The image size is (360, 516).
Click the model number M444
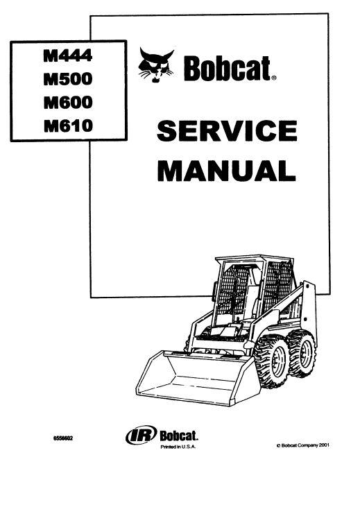point(68,55)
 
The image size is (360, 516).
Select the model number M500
point(68,78)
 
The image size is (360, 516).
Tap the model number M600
point(68,102)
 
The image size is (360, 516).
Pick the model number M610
point(68,126)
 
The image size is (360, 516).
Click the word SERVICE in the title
point(227,130)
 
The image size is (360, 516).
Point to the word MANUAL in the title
point(226,171)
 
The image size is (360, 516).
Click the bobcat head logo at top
point(156,64)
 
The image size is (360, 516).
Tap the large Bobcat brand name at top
point(227,69)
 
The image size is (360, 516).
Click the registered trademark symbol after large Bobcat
point(274,78)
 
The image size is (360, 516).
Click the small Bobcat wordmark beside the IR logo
point(179,436)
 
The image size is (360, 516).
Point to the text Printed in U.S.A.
point(178,447)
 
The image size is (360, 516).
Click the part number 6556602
point(62,438)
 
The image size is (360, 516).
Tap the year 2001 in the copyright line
point(324,445)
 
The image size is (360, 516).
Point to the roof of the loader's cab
point(254,259)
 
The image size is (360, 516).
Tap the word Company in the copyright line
point(308,445)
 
